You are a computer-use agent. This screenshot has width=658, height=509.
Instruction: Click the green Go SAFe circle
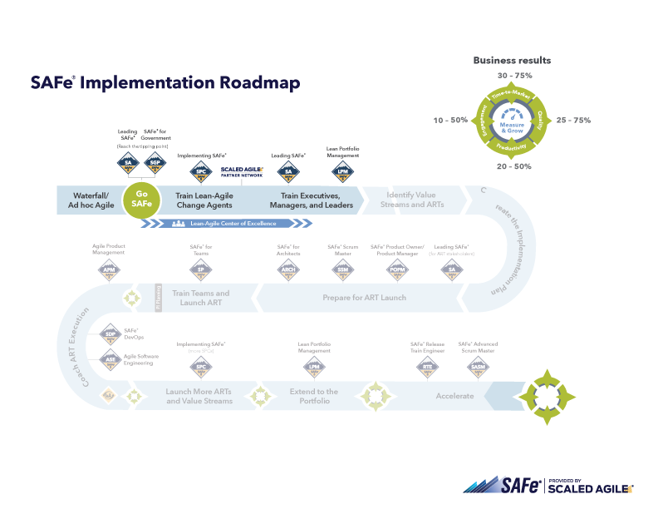pos(142,200)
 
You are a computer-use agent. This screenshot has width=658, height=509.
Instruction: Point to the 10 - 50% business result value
pos(450,121)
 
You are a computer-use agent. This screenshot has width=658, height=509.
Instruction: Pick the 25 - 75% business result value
pos(573,121)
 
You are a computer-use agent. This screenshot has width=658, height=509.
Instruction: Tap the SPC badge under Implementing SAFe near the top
pos(200,171)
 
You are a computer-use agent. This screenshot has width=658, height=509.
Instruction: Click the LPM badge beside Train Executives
pos(341,171)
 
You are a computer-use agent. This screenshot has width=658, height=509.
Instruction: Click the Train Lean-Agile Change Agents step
pos(204,200)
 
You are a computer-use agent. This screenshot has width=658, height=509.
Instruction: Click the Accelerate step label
pos(454,396)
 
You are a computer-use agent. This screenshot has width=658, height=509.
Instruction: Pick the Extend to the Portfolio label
pos(313,396)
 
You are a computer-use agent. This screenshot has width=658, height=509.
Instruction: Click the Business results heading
pos(512,60)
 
